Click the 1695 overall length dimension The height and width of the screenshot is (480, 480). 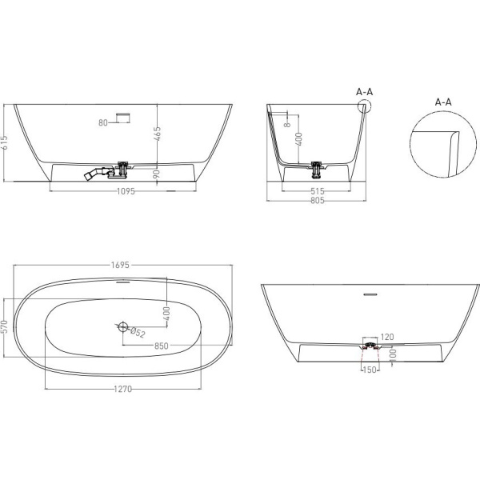(x=120, y=265)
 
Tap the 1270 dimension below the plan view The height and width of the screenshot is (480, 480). (x=122, y=389)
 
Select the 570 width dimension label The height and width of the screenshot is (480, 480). (x=4, y=326)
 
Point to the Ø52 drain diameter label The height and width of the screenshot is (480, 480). (x=138, y=333)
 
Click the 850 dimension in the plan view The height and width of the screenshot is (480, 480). (x=162, y=346)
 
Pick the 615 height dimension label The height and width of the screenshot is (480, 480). (x=4, y=143)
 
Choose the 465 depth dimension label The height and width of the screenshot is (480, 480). (x=157, y=134)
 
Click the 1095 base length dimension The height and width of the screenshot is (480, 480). (x=126, y=191)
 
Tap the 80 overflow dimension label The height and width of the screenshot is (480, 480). (x=103, y=122)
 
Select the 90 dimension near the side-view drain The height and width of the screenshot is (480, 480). (x=157, y=174)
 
